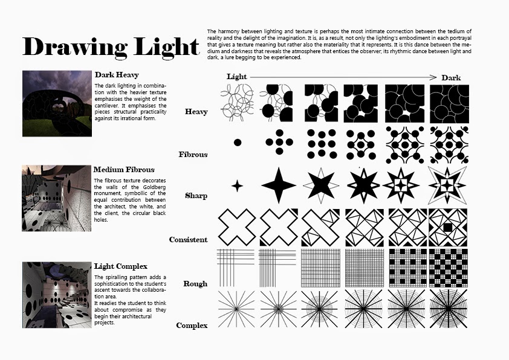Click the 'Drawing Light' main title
coord(111,47)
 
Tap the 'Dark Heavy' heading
coord(117,75)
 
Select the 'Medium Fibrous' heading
coord(124,170)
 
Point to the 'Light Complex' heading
coord(121,266)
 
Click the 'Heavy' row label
coord(196,112)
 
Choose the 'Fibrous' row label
coord(193,155)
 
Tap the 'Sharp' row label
coord(196,196)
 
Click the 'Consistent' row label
coord(188,240)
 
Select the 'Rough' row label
coord(195,284)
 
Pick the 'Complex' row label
coord(192,326)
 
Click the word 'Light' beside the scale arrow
coord(236,77)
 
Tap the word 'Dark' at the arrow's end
coord(451,78)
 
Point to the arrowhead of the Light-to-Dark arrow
coord(433,77)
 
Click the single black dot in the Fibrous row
coord(238,143)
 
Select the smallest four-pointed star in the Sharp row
coord(238,186)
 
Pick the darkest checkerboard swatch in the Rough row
coord(449,268)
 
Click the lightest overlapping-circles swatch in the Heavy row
coord(238,103)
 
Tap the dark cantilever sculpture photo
coord(57,103)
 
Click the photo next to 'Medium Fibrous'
coord(56,198)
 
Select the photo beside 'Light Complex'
coord(57,295)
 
